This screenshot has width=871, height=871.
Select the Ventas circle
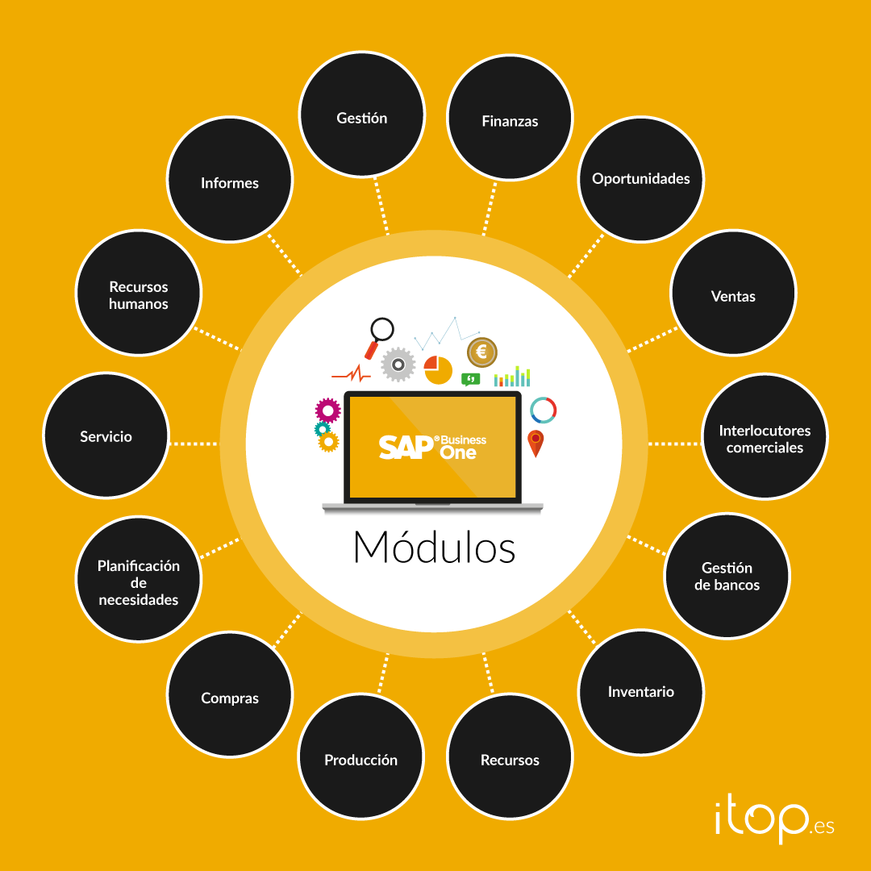coord(733,295)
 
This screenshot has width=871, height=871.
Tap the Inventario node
coord(641,691)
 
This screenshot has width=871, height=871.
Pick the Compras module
coord(230,698)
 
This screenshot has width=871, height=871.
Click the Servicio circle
coord(106,435)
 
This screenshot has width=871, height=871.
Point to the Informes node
coord(230,182)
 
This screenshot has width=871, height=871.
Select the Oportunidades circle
coord(641,178)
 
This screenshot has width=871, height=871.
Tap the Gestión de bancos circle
coord(727,576)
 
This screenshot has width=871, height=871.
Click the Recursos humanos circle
coord(138,294)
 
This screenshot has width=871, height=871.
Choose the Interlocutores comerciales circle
coord(765,438)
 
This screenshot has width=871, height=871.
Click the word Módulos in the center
coord(434,548)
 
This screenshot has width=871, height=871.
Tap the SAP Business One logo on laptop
coord(433,447)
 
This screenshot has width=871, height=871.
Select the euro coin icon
coord(482,352)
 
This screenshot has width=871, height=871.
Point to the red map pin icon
coord(536,443)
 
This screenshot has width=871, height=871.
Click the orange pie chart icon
coord(438,369)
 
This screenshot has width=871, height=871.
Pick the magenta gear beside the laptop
coord(327,410)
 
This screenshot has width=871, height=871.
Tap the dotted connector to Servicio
coord(194,443)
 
